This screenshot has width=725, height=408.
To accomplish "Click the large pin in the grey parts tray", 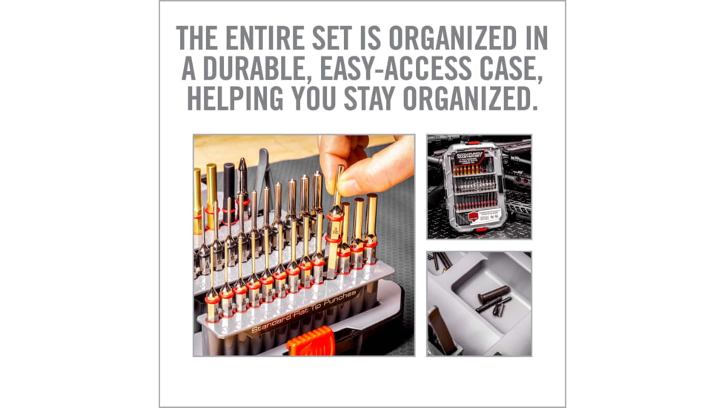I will click(494, 295).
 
